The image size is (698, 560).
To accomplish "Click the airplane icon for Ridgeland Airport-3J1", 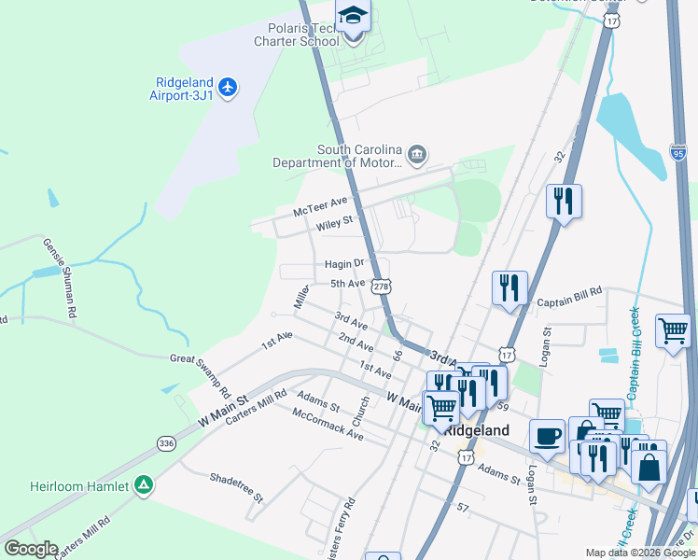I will (229, 88).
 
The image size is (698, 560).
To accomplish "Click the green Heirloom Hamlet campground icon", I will (143, 484).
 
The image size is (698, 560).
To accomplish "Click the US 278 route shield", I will (380, 287).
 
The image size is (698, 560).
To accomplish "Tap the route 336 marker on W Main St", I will (166, 442).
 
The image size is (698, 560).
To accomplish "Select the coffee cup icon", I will (547, 436).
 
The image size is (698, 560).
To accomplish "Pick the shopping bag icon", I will (649, 463).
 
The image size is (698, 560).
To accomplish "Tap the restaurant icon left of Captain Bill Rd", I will (510, 287).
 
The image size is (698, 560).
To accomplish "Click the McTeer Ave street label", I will (320, 205).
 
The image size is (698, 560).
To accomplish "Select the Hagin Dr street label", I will (343, 264).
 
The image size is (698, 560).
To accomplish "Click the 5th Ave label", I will (347, 283).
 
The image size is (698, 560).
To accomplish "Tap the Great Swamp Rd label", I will (200, 358).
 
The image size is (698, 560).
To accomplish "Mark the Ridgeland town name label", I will (476, 430).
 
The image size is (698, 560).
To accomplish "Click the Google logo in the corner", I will (30, 549).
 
